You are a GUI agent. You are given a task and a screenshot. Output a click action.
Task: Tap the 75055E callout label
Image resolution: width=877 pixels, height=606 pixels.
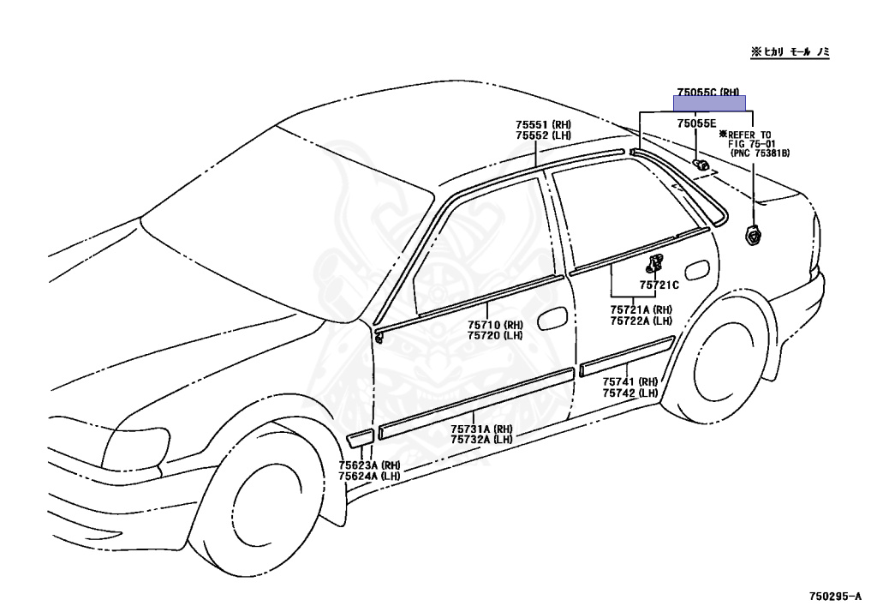coord(695,124)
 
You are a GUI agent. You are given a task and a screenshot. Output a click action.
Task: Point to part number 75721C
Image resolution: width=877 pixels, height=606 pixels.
coord(659,285)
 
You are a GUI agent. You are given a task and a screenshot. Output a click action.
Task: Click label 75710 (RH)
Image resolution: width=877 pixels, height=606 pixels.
coord(495,325)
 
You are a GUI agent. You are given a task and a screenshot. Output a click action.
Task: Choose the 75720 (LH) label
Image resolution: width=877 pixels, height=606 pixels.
coord(495,335)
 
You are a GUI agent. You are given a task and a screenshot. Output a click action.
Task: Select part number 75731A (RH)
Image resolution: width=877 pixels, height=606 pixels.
coord(481,429)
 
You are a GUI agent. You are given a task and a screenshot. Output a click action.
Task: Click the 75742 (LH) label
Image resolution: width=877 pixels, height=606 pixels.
coord(629,393)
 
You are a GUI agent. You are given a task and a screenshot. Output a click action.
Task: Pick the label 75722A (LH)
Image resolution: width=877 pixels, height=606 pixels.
coord(641,321)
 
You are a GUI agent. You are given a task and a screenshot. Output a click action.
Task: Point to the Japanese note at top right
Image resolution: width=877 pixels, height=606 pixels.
coord(790,52)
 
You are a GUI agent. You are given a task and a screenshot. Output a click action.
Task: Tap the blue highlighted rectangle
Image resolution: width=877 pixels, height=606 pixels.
coord(709,104)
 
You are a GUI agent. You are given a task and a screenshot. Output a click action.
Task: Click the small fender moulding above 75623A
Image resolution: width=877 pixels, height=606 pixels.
coord(360,439)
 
